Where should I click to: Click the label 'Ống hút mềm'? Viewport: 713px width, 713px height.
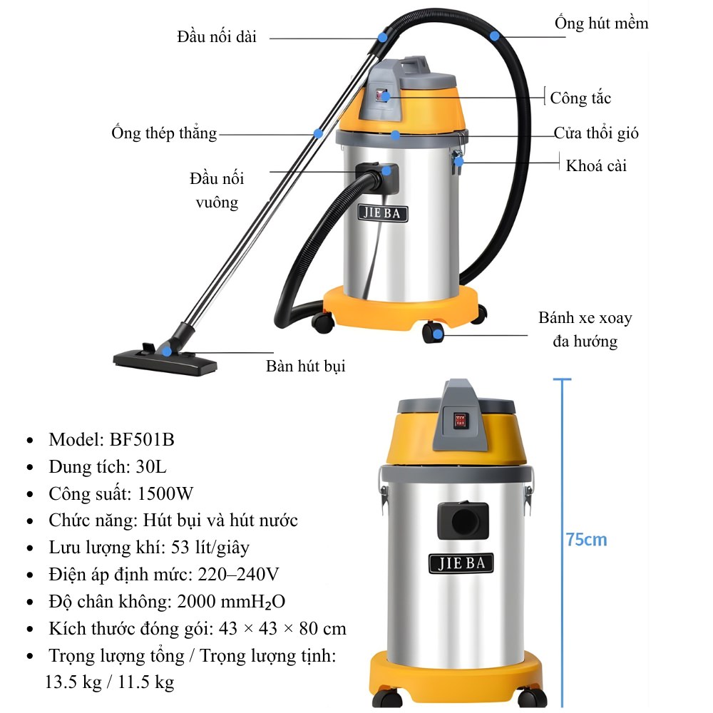(x=602, y=24)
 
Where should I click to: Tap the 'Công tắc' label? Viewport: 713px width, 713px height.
(x=580, y=98)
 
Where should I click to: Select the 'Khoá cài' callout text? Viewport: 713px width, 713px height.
(x=596, y=165)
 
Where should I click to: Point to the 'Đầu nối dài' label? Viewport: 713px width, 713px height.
(x=217, y=36)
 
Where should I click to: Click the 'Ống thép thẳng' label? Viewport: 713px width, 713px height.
(x=164, y=133)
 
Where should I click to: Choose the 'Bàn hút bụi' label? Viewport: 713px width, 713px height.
(x=305, y=366)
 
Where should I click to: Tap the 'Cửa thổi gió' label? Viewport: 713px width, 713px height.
(x=596, y=133)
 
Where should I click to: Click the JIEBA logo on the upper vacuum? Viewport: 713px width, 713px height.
(x=382, y=213)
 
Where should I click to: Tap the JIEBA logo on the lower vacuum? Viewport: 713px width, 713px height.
(x=461, y=563)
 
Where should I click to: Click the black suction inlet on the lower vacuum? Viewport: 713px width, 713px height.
(x=463, y=519)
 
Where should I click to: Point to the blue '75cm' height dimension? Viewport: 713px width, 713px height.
(x=586, y=540)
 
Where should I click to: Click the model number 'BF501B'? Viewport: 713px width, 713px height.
(x=142, y=439)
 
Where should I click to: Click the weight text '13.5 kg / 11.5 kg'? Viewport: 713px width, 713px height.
(x=109, y=682)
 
